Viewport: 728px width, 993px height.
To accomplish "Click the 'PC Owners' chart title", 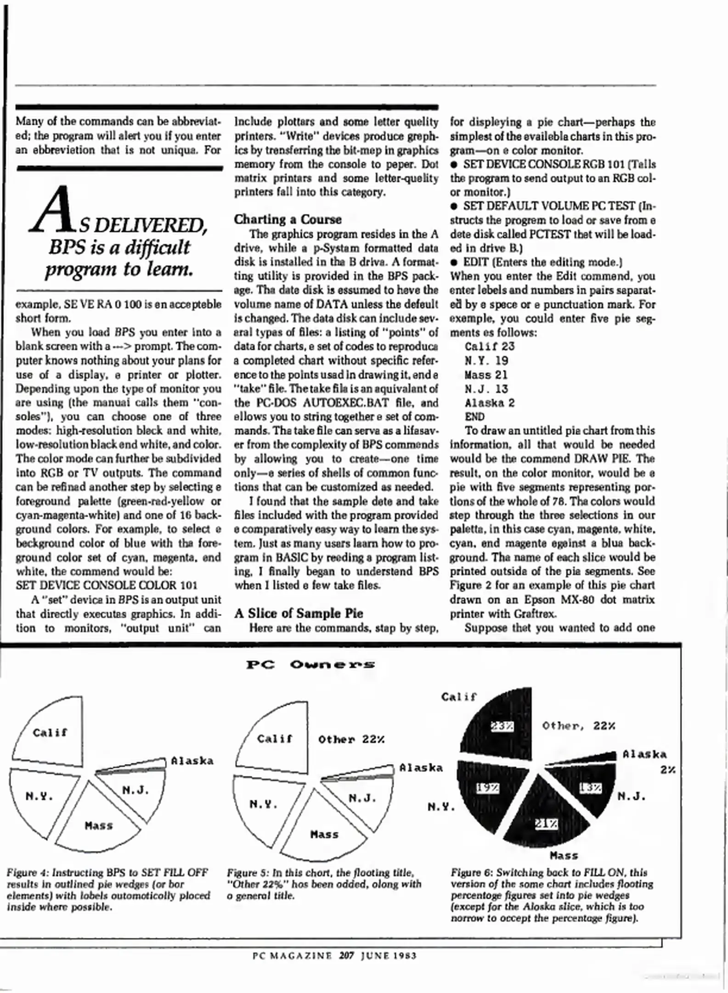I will click(310, 665).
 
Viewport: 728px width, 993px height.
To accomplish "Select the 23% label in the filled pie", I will click(502, 726).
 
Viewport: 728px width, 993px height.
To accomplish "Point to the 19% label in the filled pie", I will click(487, 788).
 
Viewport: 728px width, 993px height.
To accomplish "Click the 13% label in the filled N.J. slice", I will click(590, 788).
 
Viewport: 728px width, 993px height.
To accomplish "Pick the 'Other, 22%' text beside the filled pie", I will click(578, 726).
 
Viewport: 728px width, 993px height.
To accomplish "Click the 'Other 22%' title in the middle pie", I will click(351, 739).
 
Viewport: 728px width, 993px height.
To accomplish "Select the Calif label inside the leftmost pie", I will click(50, 732).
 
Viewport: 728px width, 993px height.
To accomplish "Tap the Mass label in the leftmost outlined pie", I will click(99, 826).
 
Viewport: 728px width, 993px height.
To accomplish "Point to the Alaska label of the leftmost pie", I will click(192, 761).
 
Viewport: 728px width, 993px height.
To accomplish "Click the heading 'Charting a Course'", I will click(288, 219).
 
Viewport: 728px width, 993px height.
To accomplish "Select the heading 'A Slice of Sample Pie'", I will click(299, 613).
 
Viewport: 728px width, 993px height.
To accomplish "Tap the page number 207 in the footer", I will click(347, 955).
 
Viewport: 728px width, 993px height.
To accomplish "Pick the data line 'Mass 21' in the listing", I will click(486, 375).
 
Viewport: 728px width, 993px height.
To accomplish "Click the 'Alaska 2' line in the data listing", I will click(490, 403).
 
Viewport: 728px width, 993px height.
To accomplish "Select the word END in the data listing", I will click(474, 417).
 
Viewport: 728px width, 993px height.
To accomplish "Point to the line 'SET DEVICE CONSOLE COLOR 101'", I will click(107, 585).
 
